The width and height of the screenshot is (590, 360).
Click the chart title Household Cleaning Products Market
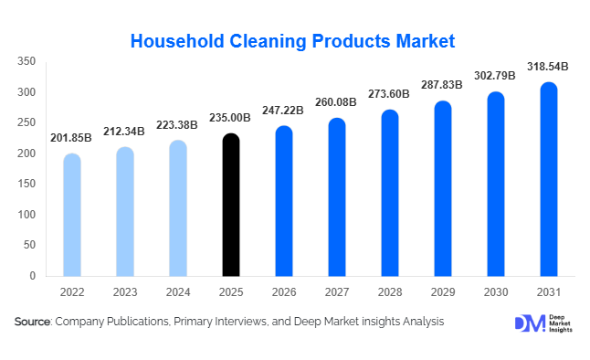pos(292,41)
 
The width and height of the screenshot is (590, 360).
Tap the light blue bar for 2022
pos(71,215)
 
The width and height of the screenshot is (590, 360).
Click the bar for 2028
pos(390,193)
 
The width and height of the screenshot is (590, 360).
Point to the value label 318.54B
pos(548,67)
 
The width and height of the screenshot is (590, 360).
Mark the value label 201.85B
pos(71,138)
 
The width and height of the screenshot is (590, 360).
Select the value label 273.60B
pos(390,94)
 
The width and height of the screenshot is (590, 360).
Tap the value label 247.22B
pos(284,111)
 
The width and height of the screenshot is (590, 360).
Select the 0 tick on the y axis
pos(32,275)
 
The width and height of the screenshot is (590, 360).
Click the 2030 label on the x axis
pos(496,291)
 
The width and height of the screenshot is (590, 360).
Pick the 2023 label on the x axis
pos(125,291)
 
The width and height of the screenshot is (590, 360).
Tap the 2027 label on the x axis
pos(337,291)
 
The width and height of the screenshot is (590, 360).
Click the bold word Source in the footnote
pos(33,322)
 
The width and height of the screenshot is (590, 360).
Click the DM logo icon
pos(529,323)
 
